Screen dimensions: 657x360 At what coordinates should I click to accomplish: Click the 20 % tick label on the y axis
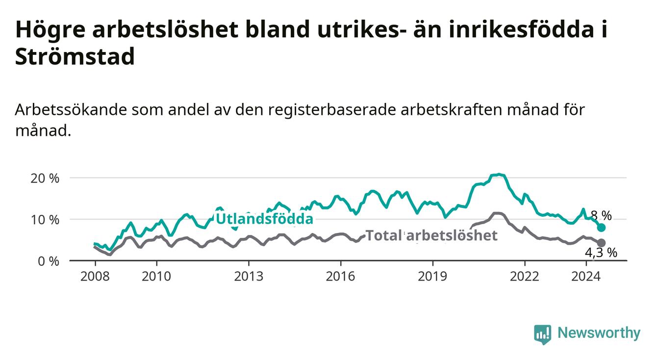[45, 179]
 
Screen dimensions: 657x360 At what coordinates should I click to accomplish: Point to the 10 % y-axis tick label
[45, 220]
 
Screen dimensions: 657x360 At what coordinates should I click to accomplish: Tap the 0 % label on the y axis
[49, 261]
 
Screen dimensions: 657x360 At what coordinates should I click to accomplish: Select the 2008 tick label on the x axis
[95, 277]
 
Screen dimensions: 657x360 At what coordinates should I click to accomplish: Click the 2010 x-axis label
[156, 277]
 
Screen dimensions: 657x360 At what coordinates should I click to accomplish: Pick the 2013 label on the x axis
[249, 277]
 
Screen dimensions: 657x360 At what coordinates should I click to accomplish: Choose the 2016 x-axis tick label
[341, 277]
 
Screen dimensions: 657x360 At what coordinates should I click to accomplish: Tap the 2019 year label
[432, 277]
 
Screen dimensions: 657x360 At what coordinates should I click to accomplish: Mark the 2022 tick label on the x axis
[525, 277]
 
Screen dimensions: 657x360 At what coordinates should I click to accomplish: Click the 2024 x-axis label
[586, 277]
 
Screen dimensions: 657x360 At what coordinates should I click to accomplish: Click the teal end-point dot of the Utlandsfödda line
[601, 228]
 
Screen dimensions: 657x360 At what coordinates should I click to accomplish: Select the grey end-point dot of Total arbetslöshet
[601, 243]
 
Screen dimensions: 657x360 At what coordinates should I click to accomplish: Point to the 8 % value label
[601, 216]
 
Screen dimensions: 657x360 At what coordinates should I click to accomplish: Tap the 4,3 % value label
[601, 253]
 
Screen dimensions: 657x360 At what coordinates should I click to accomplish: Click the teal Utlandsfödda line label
[265, 219]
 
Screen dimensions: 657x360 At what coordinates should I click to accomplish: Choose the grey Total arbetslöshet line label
[432, 235]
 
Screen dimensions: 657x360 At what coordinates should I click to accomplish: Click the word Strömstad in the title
[75, 56]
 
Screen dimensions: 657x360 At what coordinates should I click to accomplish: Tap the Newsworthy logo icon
[542, 334]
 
